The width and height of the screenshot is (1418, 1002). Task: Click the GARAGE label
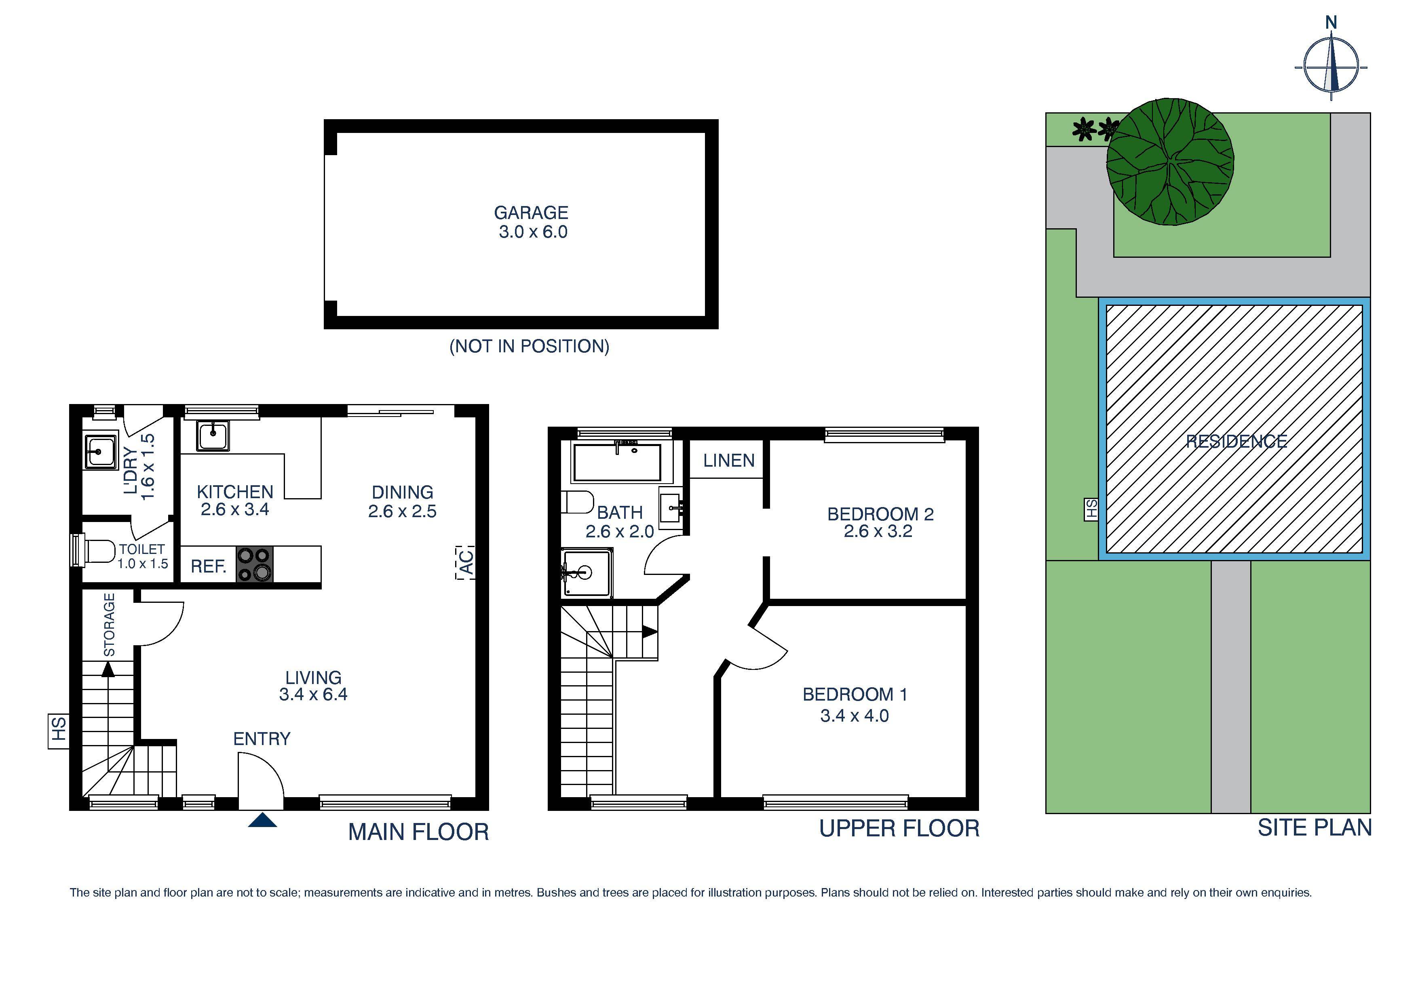pyautogui.click(x=530, y=213)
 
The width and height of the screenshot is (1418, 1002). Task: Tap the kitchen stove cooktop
pyautogui.click(x=254, y=564)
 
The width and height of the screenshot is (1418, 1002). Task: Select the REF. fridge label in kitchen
pyautogui.click(x=208, y=567)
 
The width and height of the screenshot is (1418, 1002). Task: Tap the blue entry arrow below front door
pyautogui.click(x=262, y=821)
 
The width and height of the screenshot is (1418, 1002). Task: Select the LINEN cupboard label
pyautogui.click(x=729, y=461)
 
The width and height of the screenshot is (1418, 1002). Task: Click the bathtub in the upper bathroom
pyautogui.click(x=616, y=462)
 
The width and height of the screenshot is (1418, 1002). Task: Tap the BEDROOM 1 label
pyautogui.click(x=855, y=695)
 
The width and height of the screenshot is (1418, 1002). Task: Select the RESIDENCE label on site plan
pyautogui.click(x=1237, y=442)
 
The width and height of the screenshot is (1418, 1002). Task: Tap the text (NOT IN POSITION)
pyautogui.click(x=529, y=346)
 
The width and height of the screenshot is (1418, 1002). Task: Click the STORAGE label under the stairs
pyautogui.click(x=109, y=625)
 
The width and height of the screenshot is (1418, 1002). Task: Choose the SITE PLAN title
pyautogui.click(x=1314, y=828)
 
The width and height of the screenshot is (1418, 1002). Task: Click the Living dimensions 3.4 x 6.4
pyautogui.click(x=313, y=695)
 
